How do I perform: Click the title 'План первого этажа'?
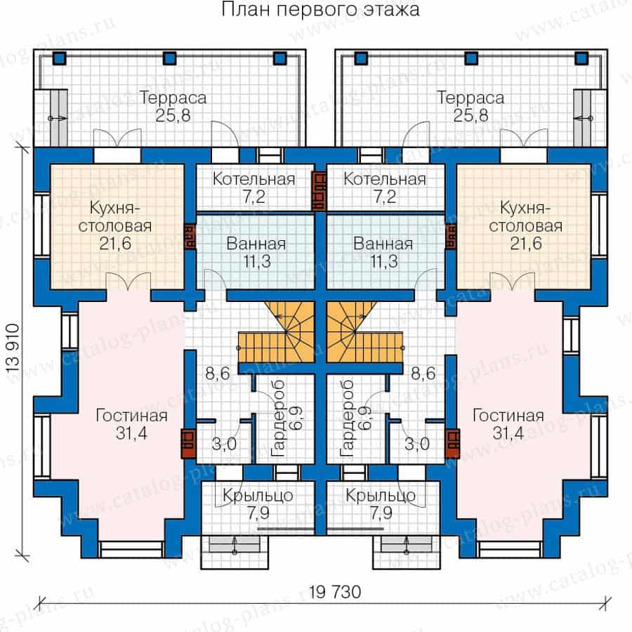(x=320, y=10)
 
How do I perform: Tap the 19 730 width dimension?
(x=334, y=592)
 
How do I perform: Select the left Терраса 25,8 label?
(x=173, y=107)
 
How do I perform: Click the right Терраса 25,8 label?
(x=470, y=107)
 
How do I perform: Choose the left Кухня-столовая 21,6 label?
(x=115, y=225)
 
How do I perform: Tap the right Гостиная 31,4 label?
(x=508, y=424)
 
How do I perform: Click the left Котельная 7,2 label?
(x=254, y=187)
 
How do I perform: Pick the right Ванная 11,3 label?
(x=383, y=253)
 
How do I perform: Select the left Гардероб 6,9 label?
(x=287, y=419)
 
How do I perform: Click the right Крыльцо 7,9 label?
(x=381, y=503)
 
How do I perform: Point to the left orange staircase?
(x=277, y=332)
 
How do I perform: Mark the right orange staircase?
(x=364, y=332)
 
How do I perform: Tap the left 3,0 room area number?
(x=224, y=444)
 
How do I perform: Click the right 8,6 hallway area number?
(x=423, y=374)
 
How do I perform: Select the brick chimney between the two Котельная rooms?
(x=320, y=192)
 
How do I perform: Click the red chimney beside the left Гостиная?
(x=188, y=444)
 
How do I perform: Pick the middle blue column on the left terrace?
(x=170, y=58)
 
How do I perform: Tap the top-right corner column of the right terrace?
(x=581, y=58)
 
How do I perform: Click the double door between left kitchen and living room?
(x=129, y=282)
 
